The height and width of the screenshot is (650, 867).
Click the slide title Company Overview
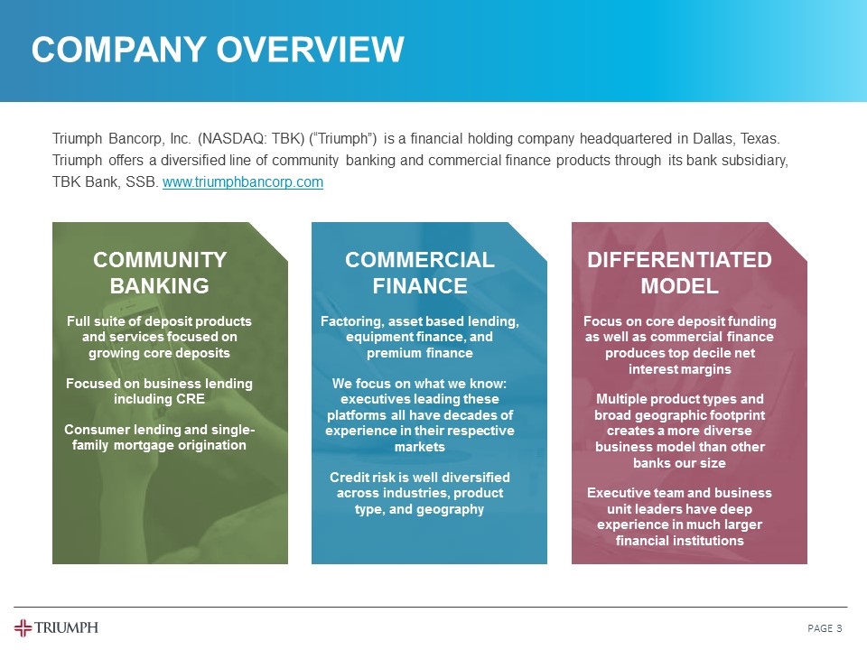[x=218, y=50]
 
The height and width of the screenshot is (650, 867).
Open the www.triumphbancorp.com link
[x=242, y=182]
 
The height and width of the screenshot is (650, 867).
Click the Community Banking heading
[x=160, y=273]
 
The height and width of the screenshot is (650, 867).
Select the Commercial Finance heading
[x=420, y=273]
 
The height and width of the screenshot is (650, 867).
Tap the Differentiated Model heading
[x=679, y=273]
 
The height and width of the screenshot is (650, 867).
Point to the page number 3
[x=839, y=628]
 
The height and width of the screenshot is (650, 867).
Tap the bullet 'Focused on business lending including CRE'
[x=160, y=391]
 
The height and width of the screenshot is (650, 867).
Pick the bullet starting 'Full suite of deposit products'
[x=160, y=337]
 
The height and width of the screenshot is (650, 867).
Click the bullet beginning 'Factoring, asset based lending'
[x=420, y=337]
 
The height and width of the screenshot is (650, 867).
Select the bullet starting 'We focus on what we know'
[x=420, y=415]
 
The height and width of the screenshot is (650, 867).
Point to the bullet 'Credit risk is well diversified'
[x=420, y=493]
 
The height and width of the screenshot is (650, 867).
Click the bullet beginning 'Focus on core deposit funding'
[x=679, y=345]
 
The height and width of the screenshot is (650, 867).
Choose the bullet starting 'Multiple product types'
[x=679, y=431]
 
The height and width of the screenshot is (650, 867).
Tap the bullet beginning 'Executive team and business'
[x=679, y=516]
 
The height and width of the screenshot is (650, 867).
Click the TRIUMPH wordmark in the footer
[x=68, y=628]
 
